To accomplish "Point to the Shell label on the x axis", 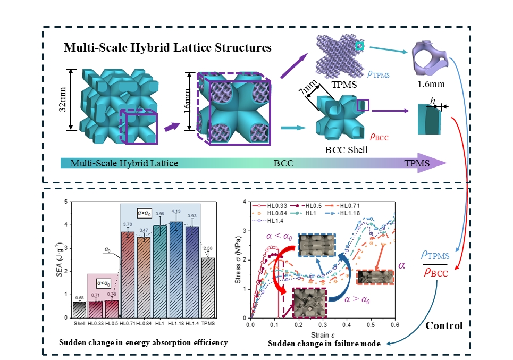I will pyautogui.click(x=79, y=323).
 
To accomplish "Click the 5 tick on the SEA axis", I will pyautogui.click(x=66, y=202).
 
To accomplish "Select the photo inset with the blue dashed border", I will pyautogui.click(x=317, y=245).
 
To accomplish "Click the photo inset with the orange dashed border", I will pyautogui.click(x=375, y=277).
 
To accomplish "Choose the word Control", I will pyautogui.click(x=444, y=325).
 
